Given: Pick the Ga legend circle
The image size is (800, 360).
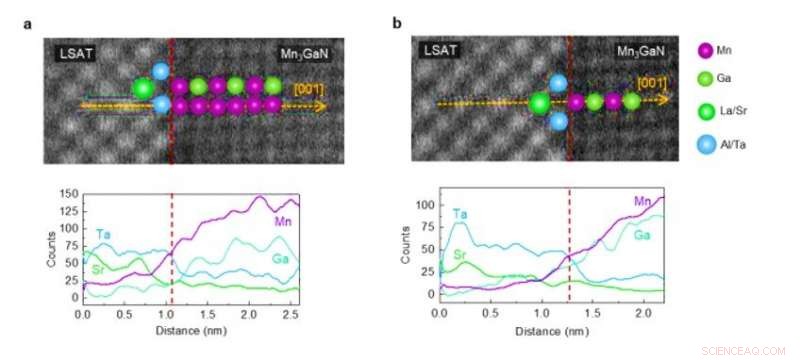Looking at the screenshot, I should point(707,81).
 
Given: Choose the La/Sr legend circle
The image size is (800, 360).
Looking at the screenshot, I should point(707,113).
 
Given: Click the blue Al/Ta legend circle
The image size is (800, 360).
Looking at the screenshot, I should point(707,146).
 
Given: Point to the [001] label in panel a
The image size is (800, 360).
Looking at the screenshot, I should point(307,89).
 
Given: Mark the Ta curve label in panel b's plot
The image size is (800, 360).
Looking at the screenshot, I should point(459,213).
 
